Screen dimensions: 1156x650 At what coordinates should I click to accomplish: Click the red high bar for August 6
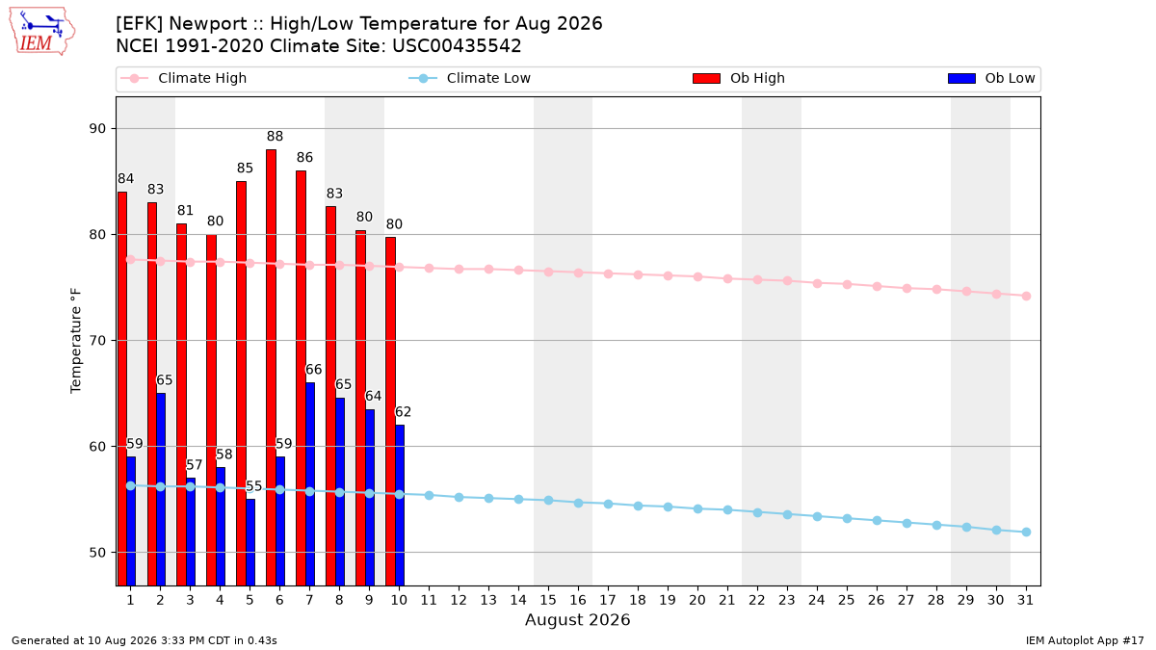point(271,367)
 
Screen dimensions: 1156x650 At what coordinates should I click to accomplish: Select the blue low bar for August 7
point(310,483)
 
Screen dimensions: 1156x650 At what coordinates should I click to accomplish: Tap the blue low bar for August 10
point(400,505)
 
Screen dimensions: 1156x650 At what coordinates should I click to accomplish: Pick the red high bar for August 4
point(211,410)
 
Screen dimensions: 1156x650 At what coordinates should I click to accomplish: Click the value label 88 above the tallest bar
point(276,136)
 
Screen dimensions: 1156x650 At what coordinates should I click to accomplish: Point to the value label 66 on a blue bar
point(314,370)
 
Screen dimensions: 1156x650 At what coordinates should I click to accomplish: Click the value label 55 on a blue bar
point(254,486)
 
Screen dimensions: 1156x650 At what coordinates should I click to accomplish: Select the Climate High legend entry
point(184,78)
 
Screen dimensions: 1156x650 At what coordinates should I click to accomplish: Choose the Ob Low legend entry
point(991,78)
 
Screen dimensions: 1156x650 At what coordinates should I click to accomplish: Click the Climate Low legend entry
point(470,78)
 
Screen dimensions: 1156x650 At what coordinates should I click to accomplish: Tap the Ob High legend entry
point(739,78)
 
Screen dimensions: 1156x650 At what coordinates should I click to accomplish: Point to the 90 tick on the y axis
point(97,128)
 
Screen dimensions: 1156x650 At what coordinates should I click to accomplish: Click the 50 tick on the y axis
point(97,553)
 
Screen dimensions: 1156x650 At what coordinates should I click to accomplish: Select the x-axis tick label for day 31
point(1025,600)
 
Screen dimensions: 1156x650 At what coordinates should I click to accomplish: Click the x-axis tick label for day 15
point(548,600)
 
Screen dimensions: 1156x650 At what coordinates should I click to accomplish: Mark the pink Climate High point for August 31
point(1027,297)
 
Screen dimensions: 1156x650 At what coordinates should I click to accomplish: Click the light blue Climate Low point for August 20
point(697,509)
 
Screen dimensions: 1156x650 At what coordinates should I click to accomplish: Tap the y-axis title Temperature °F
point(76,341)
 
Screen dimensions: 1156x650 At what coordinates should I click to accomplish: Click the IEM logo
point(41,32)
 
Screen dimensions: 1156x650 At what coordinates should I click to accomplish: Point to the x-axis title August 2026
point(577,619)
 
